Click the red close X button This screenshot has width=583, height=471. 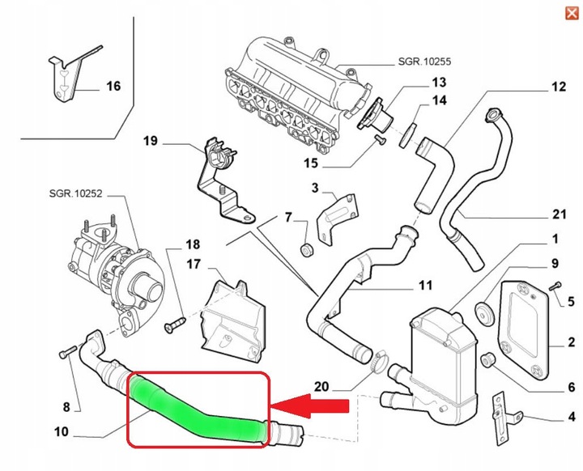(570, 11)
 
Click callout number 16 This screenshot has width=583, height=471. (113, 86)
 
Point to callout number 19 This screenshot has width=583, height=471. (150, 142)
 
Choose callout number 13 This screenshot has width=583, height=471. (438, 82)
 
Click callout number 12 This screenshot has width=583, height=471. (559, 86)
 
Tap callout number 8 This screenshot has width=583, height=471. (67, 405)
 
